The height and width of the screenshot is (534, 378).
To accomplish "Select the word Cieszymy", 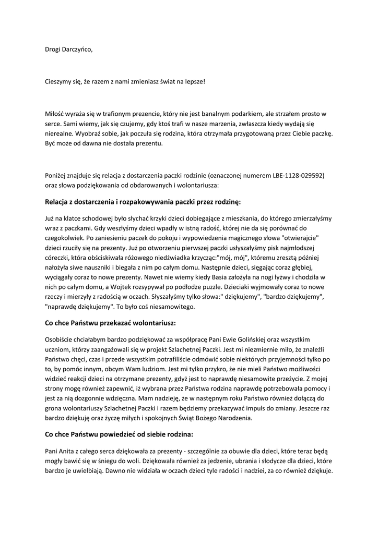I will [59, 82].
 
